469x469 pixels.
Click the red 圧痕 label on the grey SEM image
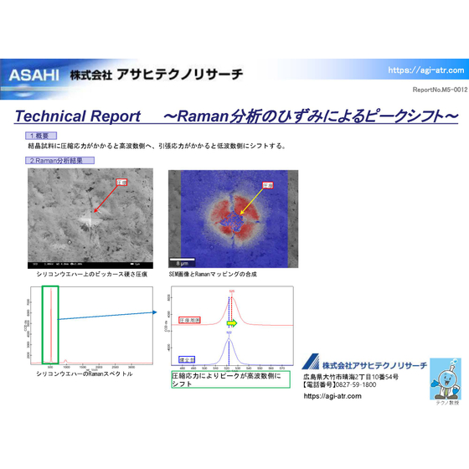121,182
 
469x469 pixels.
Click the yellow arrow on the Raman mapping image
248,200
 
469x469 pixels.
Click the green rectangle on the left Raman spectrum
50,325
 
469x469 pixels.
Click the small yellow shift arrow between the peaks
233,322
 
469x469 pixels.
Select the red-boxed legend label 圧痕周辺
190,320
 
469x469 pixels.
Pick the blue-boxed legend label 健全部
187,359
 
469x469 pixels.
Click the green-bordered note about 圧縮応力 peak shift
229,379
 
